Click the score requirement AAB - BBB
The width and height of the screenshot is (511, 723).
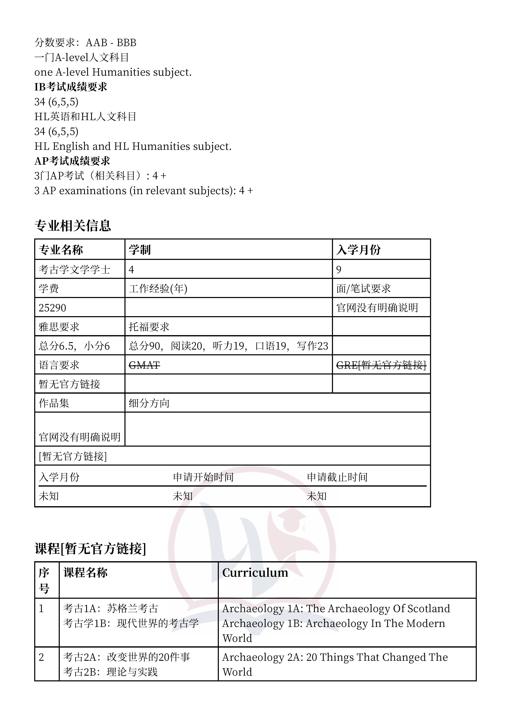coord(111,42)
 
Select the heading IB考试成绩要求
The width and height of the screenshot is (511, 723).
coord(71,87)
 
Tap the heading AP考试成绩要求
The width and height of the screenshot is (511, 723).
coord(72,161)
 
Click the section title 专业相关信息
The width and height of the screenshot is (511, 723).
coord(73,226)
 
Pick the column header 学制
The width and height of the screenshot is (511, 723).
coord(140,250)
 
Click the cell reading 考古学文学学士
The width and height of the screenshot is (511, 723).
coord(74,270)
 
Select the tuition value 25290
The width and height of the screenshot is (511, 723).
coord(52,308)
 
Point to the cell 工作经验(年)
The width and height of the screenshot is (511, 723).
coord(158,289)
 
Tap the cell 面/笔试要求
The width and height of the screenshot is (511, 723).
coord(363,289)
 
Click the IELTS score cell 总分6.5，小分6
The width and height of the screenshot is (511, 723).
coord(74,346)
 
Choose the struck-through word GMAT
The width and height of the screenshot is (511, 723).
coord(144,365)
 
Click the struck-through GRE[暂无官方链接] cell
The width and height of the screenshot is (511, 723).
coord(381,365)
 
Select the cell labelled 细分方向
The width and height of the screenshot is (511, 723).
coord(149,403)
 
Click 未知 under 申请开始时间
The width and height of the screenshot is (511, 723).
coord(183,496)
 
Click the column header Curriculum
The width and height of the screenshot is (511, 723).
coord(255,573)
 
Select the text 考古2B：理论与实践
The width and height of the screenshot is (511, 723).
coord(110,672)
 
